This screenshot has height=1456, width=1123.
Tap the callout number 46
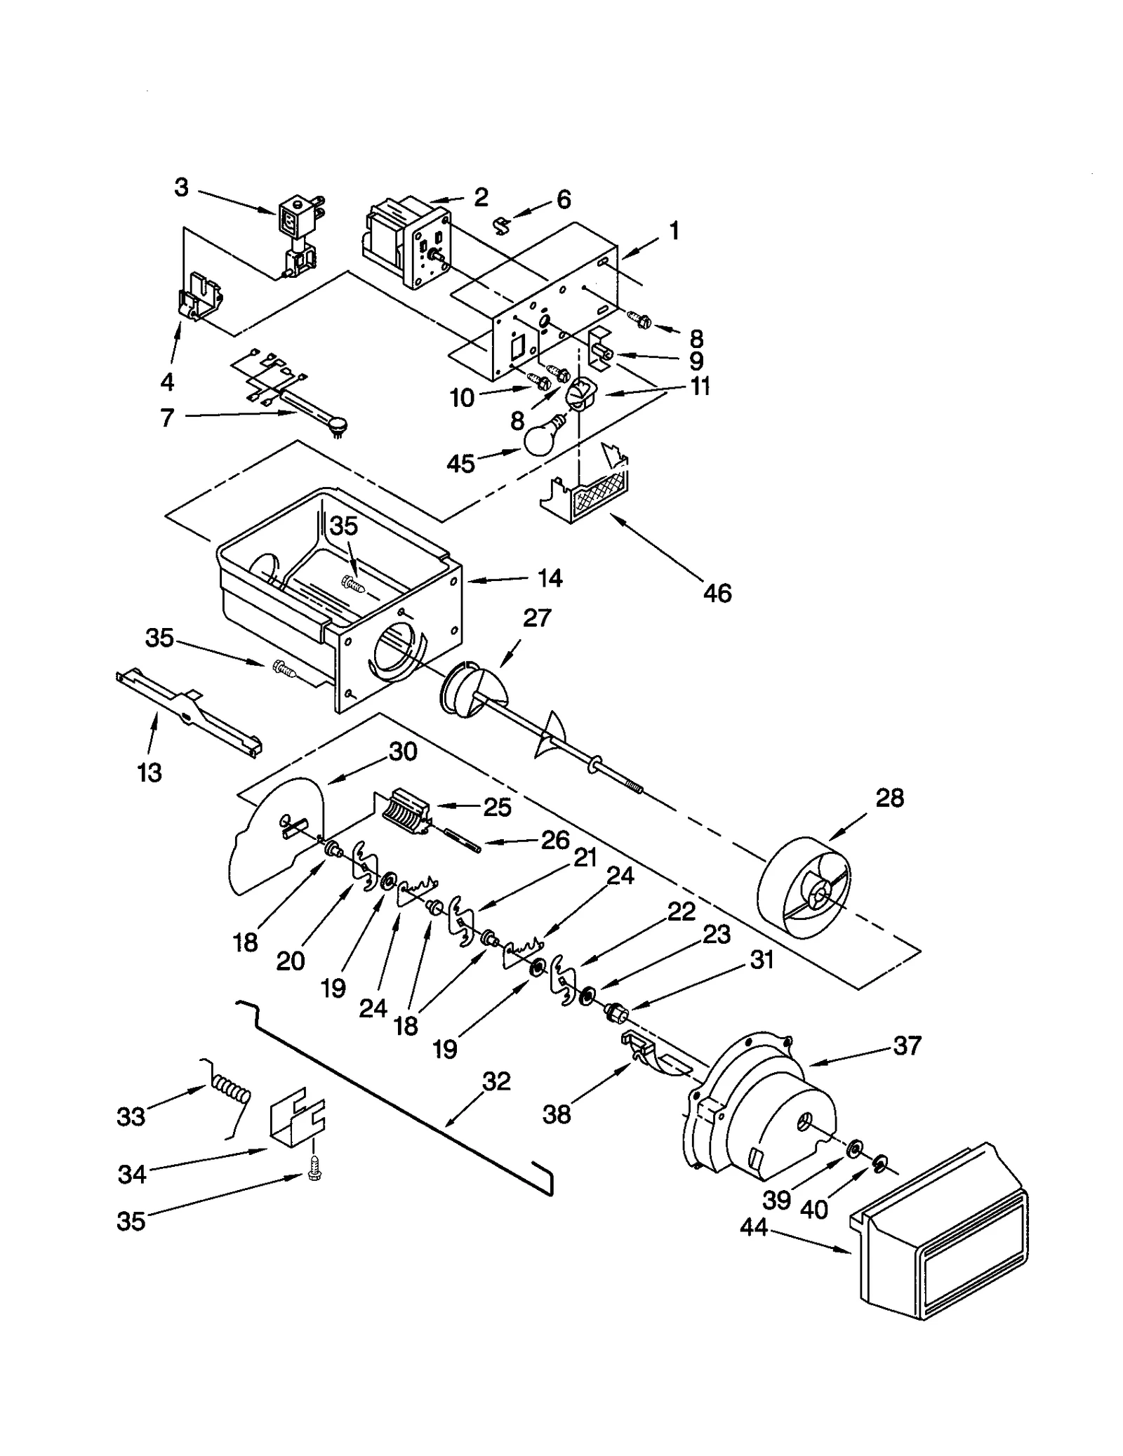tap(717, 594)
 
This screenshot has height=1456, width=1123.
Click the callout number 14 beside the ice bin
tap(550, 578)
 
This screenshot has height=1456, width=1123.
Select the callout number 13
tap(149, 773)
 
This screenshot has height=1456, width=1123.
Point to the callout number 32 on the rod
tap(496, 1081)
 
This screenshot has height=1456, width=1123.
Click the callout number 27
tap(537, 618)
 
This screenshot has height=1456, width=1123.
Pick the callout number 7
tap(166, 418)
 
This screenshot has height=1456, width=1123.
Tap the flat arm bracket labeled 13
tap(188, 714)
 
